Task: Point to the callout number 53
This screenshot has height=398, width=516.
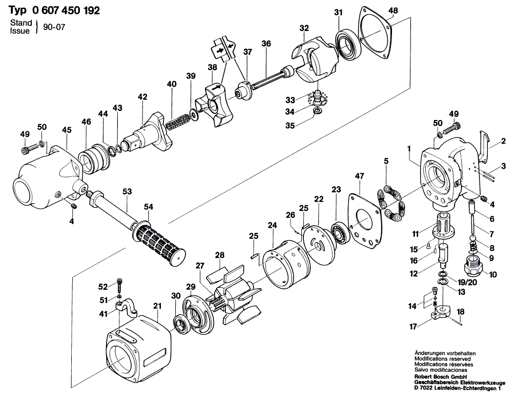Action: point(127,191)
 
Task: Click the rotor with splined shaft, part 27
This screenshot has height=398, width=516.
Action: point(230,298)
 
